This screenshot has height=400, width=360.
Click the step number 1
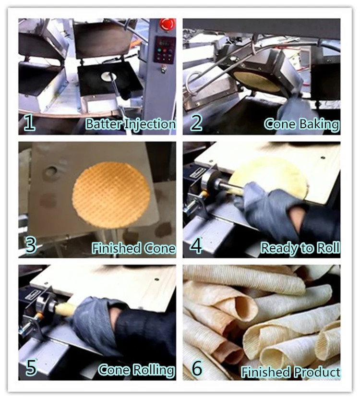[29, 122]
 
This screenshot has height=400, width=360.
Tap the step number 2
[196, 122]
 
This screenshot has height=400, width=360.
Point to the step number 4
[196, 245]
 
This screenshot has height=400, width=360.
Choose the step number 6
[197, 368]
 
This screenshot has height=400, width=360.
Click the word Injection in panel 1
[150, 124]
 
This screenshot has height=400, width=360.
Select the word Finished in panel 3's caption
[116, 248]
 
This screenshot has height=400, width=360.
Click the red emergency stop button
[167, 24]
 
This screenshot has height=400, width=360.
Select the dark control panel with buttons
[164, 50]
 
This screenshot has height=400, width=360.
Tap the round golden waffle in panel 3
[111, 195]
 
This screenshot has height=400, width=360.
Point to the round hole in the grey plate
[51, 172]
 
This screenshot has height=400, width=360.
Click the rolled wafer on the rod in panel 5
[65, 309]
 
